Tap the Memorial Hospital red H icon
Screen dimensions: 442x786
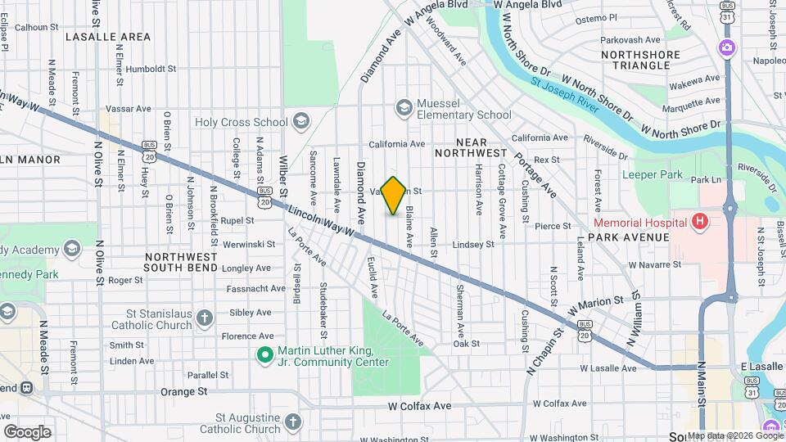point(699,222)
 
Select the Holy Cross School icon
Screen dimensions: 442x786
point(300,122)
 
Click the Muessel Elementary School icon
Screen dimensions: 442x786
point(404,107)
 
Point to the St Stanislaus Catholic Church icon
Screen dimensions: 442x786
point(204,317)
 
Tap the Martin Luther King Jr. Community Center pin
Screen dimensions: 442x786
point(264,354)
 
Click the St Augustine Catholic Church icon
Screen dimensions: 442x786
point(293,422)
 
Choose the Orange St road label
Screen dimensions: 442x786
point(183,392)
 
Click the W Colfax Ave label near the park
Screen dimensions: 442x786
point(419,406)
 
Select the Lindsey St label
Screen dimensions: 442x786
point(473,244)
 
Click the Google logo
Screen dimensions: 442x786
point(27,431)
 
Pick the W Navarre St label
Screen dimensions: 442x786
point(655,264)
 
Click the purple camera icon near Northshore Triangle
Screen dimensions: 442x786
point(726,47)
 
